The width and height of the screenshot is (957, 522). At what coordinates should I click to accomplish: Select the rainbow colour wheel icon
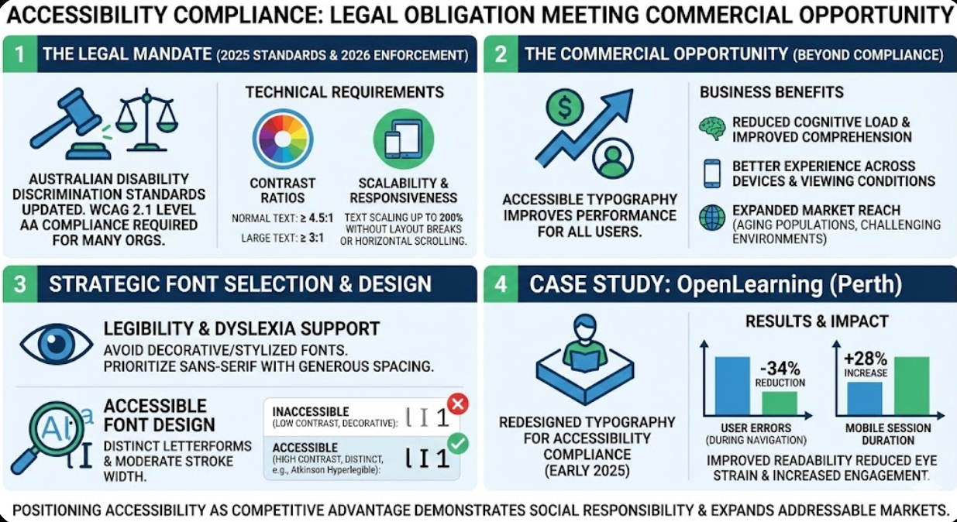pyautogui.click(x=282, y=139)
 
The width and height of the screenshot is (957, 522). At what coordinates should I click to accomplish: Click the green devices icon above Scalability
pyautogui.click(x=403, y=139)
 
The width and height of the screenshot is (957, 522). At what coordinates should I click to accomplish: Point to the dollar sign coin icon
pyautogui.click(x=565, y=108)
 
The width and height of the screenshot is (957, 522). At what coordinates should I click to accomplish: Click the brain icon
pyautogui.click(x=711, y=129)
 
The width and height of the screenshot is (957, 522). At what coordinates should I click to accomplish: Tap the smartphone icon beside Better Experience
pyautogui.click(x=711, y=173)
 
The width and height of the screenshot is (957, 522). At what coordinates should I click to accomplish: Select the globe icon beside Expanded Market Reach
pyautogui.click(x=711, y=218)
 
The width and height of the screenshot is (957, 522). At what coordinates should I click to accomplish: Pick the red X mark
pyautogui.click(x=458, y=403)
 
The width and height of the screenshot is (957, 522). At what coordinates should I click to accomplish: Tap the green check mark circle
pyautogui.click(x=458, y=444)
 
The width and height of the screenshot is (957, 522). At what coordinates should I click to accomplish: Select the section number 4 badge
pyautogui.click(x=501, y=284)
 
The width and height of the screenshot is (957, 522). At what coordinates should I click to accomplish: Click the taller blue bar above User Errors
pyautogui.click(x=732, y=386)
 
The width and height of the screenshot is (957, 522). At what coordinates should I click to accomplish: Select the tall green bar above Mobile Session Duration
pyautogui.click(x=911, y=386)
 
